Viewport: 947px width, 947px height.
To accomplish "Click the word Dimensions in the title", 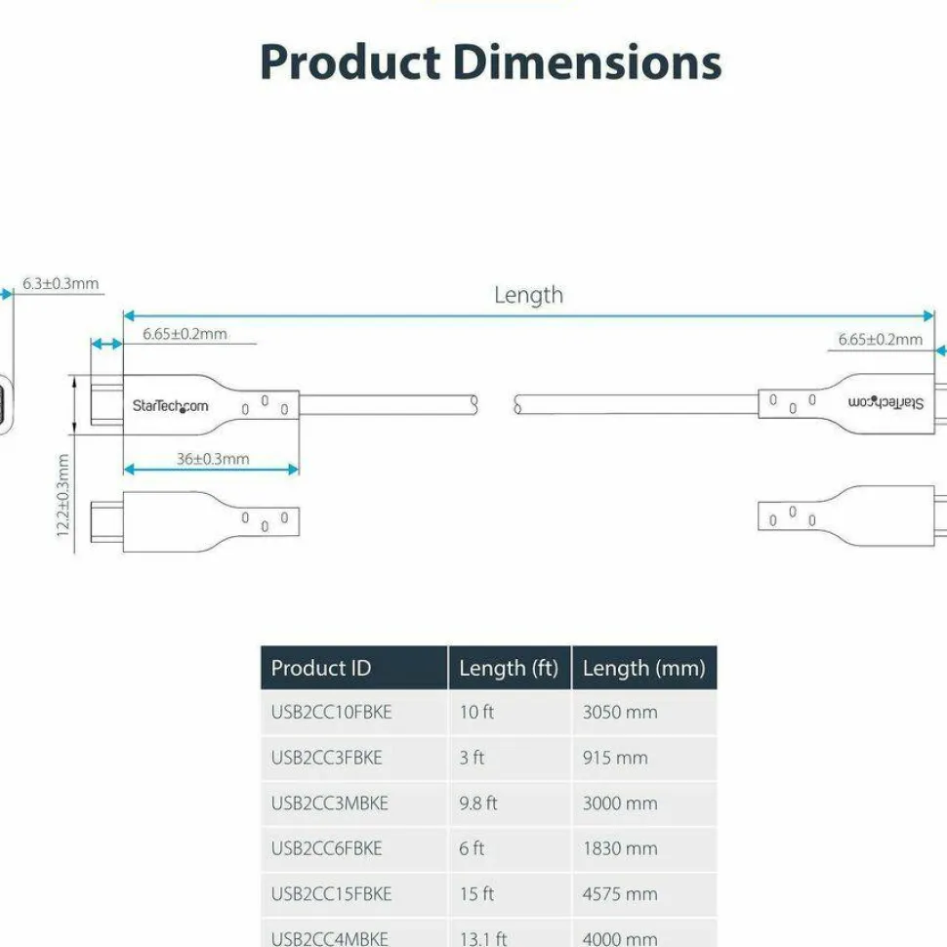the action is point(587,62).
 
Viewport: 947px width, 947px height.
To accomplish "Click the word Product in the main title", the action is point(350,62).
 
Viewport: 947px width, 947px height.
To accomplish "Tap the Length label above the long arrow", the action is point(528,296).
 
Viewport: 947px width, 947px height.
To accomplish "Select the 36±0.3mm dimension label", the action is point(213,459).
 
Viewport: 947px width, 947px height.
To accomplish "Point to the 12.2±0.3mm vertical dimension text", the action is point(62,495).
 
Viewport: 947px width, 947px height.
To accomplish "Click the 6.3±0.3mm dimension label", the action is point(61,283).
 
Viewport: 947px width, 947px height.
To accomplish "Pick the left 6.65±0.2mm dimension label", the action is point(185,334).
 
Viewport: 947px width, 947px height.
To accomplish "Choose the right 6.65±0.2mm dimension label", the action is point(880,340).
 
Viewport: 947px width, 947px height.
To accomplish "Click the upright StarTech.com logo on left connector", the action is point(170,406).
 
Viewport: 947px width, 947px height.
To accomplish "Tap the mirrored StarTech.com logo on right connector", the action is point(885,402).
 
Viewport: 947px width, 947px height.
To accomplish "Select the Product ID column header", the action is point(320,668).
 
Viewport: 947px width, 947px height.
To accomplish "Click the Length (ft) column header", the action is point(509,669).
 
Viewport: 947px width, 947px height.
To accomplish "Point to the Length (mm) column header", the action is point(643,669).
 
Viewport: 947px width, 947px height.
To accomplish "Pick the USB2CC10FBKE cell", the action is point(331,712).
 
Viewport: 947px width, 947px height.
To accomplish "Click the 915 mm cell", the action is point(615,758).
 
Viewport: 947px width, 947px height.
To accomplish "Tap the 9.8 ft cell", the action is point(477,803).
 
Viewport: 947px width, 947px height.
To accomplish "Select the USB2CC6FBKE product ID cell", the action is point(326,848).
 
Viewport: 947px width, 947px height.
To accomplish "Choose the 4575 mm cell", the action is point(620,894).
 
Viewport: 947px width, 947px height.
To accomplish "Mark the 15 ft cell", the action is point(475,894).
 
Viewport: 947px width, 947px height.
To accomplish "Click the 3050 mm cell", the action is point(620,712).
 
